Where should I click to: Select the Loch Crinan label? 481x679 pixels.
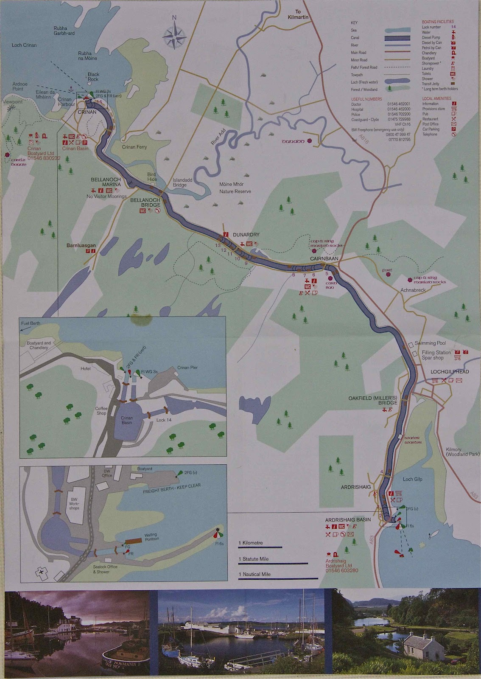pos(24,45)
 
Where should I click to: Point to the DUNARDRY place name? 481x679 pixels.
pos(246,235)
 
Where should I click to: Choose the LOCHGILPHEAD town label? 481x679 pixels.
pos(450,372)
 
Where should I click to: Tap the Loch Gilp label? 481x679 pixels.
pos(412,479)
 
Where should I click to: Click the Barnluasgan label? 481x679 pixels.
pos(81,245)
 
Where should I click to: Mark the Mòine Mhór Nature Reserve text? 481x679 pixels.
pos(235,188)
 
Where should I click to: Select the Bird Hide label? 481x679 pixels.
pos(151,177)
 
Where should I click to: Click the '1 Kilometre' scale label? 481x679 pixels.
pos(251,543)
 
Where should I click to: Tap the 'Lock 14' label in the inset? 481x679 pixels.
pos(164,420)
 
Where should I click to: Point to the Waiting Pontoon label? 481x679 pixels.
pos(151,537)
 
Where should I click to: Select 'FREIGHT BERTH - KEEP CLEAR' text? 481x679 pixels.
pos(172,488)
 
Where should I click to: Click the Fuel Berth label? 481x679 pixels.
pos(31,323)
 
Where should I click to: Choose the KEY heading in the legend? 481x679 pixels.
pos(354,22)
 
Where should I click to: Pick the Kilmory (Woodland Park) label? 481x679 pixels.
pos(456,452)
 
